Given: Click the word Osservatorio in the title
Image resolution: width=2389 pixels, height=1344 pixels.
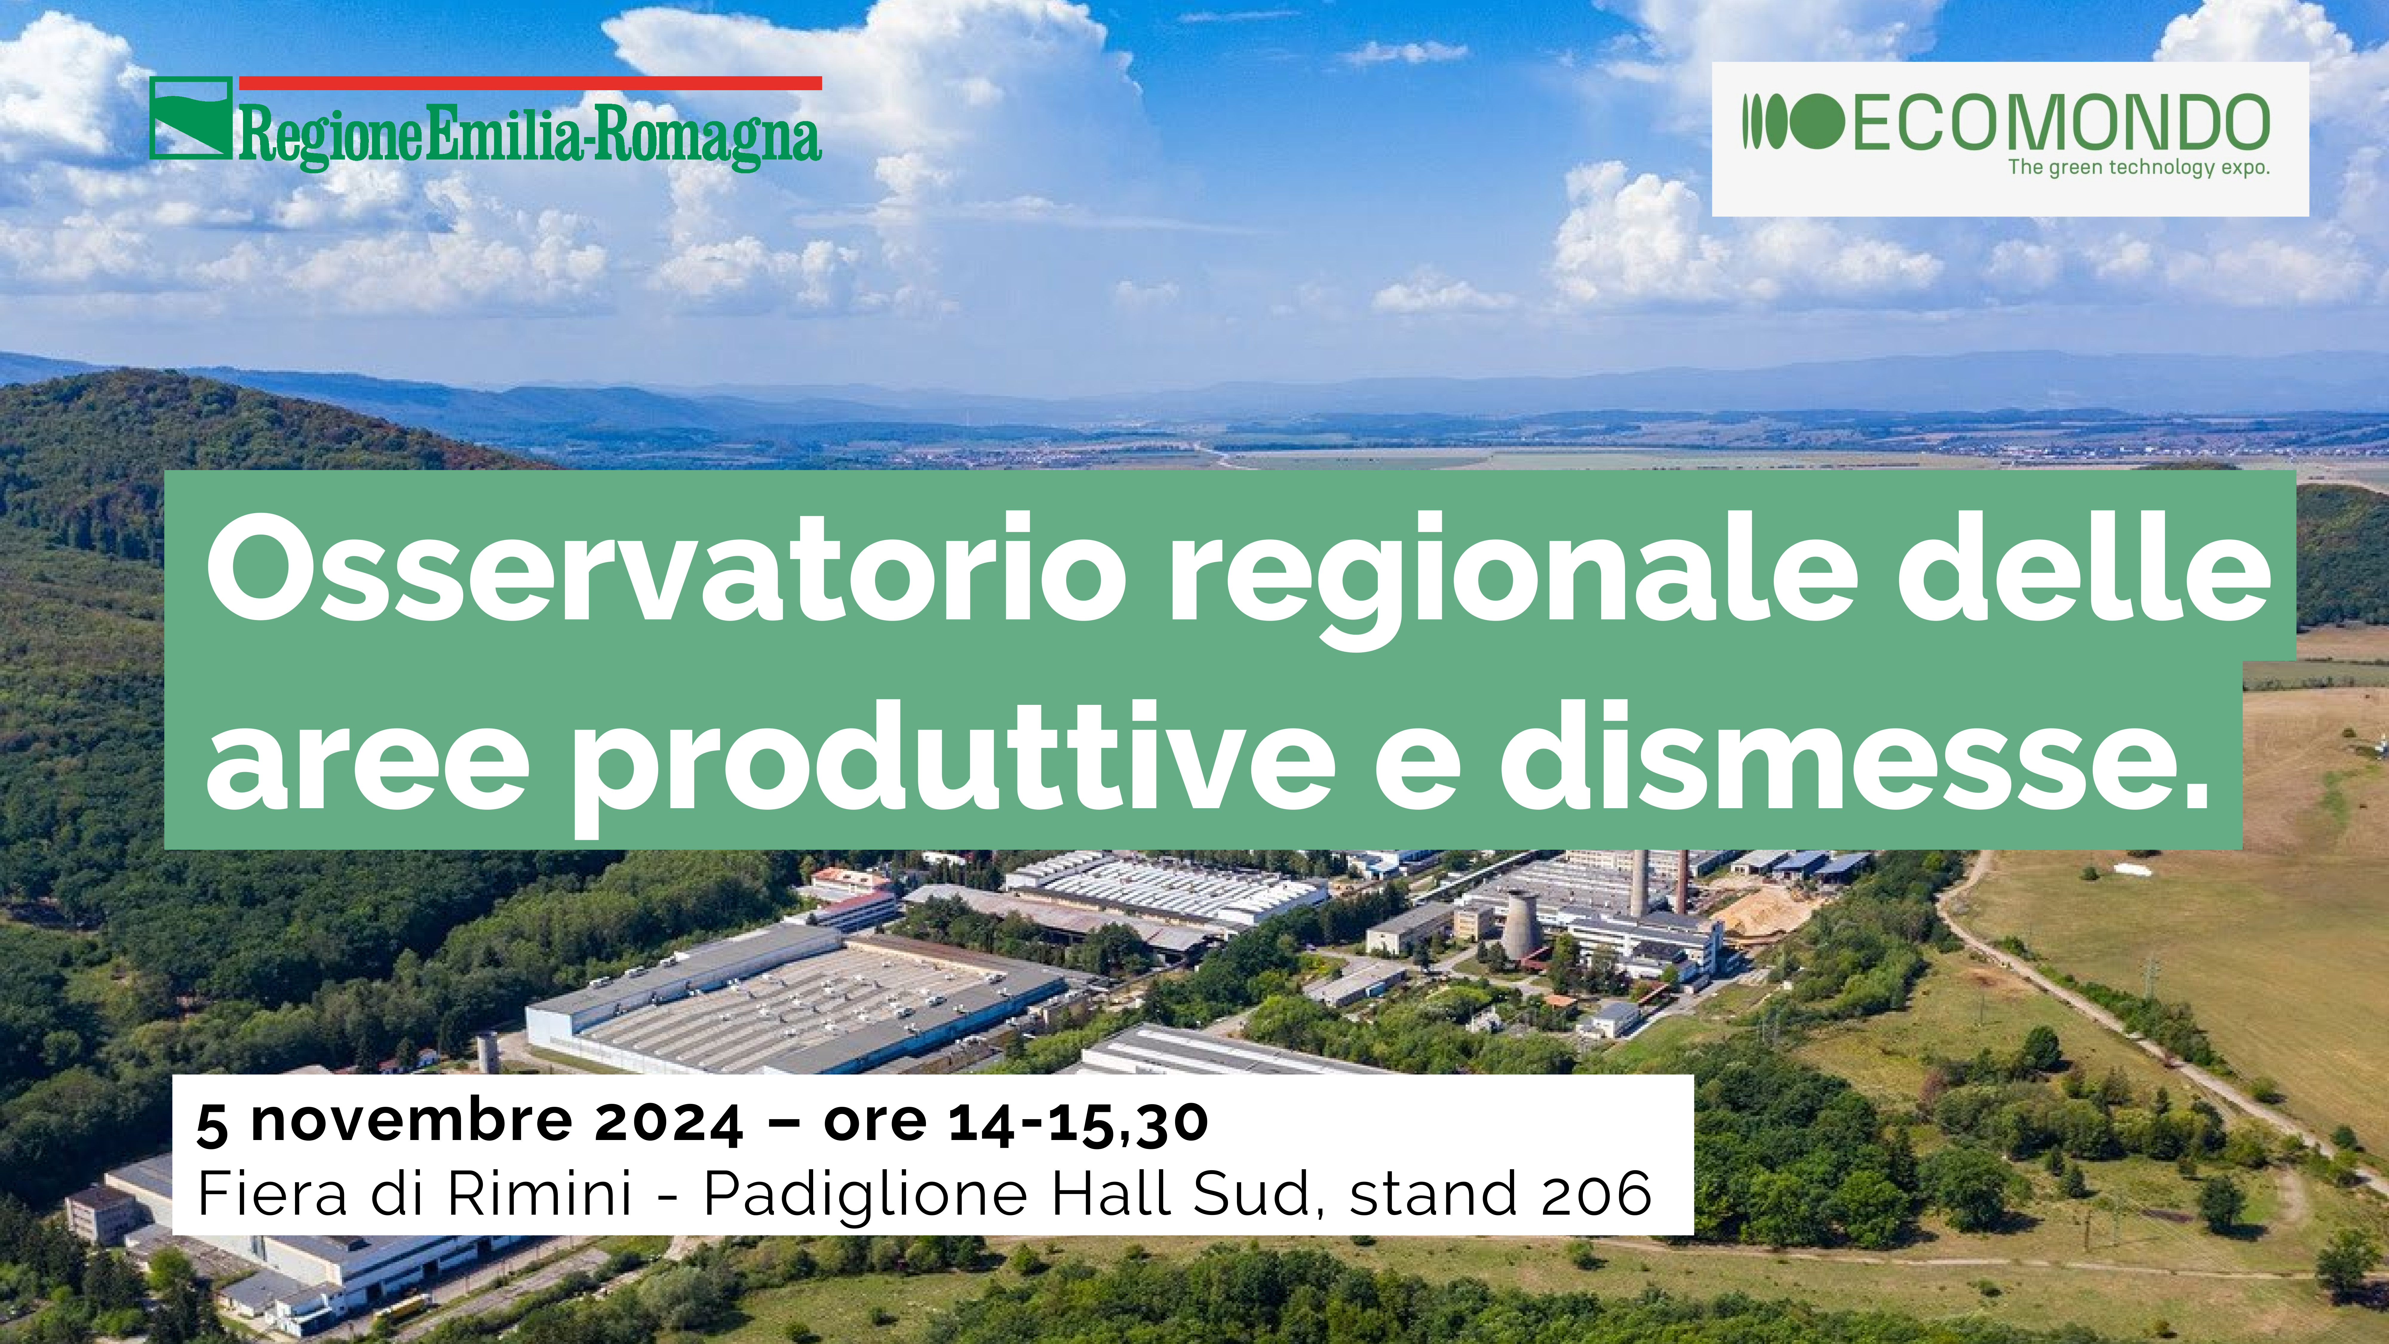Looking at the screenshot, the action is pyautogui.click(x=666, y=568).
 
